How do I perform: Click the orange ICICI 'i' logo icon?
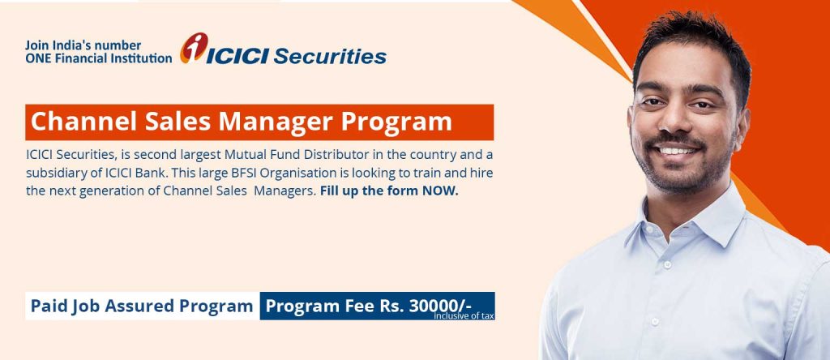pos(195,49)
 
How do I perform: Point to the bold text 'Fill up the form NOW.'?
pos(389,192)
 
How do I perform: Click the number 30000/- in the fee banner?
pos(440,306)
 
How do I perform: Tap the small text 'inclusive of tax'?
pos(464,315)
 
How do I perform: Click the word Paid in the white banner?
pos(48,306)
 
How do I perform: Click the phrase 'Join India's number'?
pos(83,45)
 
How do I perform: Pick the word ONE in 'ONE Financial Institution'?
pos(38,58)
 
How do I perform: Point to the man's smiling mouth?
pos(677,151)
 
